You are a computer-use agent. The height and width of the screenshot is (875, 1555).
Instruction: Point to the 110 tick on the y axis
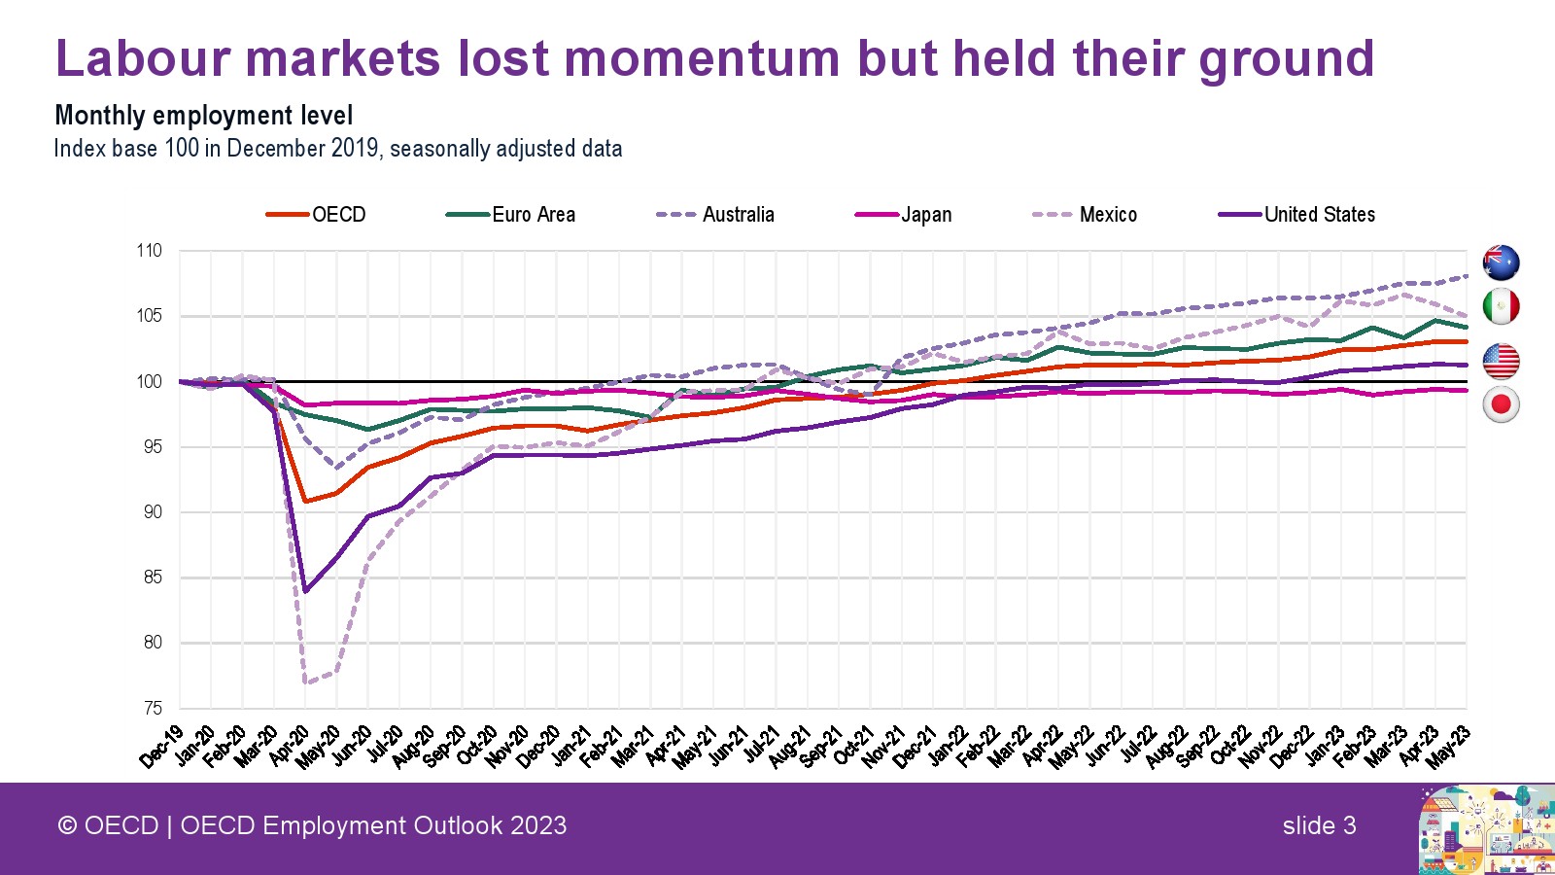click(x=149, y=251)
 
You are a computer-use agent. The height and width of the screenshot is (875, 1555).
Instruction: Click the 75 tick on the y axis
click(x=152, y=708)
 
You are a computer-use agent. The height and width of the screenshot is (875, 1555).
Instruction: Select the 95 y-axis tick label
click(x=152, y=447)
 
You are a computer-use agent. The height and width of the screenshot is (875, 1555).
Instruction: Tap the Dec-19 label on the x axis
click(x=161, y=747)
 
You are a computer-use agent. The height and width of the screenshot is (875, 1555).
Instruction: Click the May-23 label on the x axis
click(x=1448, y=747)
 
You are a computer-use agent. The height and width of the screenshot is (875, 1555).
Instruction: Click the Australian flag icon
click(x=1501, y=262)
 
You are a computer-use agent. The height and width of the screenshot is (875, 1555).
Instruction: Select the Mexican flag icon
click(x=1501, y=307)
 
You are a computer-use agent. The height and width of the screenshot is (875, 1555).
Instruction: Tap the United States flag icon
click(x=1501, y=361)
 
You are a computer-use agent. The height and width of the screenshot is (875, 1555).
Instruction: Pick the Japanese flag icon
click(x=1501, y=404)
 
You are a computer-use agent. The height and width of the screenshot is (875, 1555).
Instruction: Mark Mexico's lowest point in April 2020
click(x=305, y=682)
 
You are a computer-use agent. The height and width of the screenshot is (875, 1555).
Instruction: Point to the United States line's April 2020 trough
click(x=305, y=591)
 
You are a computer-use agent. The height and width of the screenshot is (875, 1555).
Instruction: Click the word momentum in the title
click(x=702, y=58)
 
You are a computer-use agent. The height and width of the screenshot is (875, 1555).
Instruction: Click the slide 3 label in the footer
click(x=1319, y=825)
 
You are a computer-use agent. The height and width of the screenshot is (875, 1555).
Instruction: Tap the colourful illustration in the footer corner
click(x=1486, y=829)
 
